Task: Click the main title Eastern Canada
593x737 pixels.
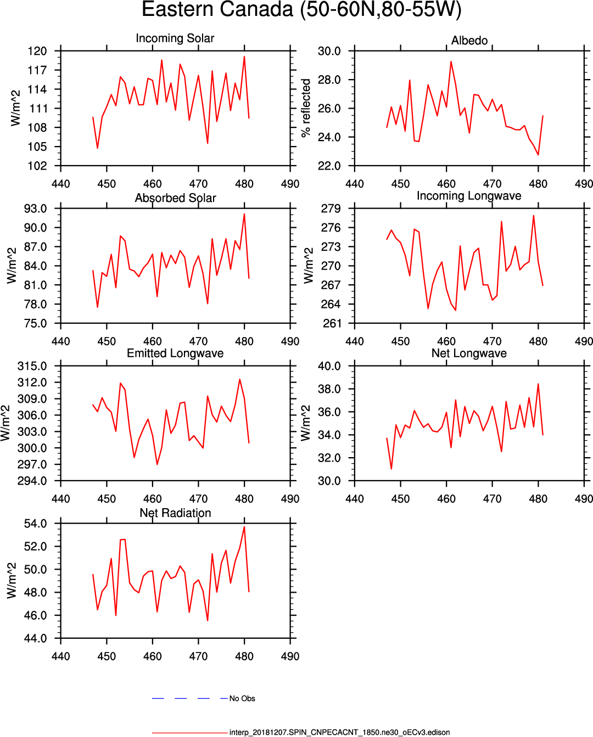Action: point(301,10)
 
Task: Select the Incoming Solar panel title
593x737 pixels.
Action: point(175,38)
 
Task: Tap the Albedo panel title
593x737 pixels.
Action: point(469,41)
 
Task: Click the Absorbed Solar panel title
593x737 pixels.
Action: point(175,198)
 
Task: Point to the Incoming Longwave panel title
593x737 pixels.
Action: point(469,196)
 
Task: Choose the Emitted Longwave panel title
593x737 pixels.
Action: point(175,353)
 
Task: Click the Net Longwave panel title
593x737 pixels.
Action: point(469,353)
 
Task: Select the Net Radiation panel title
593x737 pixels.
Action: point(175,513)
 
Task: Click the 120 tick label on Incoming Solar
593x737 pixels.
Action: point(37,51)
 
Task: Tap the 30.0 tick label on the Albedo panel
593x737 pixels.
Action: point(329,51)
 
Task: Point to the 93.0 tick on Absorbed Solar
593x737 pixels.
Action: point(35,209)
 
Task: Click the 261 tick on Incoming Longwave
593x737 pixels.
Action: point(331,323)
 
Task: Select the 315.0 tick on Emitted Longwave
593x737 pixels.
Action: point(32,366)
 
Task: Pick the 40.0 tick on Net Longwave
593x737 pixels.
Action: point(329,366)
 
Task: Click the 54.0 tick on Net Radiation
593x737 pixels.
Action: point(35,524)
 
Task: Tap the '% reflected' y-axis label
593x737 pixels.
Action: point(306,108)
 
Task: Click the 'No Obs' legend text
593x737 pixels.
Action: point(242,699)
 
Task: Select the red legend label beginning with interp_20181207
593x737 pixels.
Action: point(339,733)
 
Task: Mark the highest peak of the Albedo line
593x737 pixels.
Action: point(451,61)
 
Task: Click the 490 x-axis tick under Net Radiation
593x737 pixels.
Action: point(290,656)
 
